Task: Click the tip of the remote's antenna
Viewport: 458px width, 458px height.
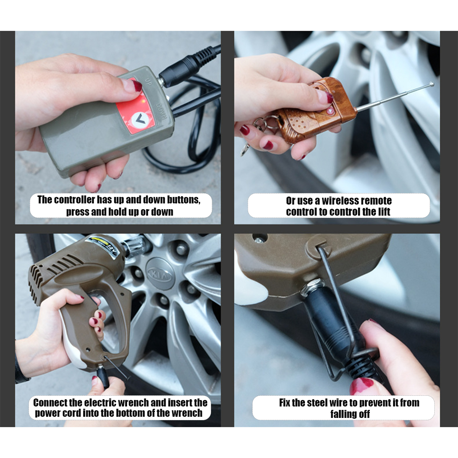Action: coord(432,84)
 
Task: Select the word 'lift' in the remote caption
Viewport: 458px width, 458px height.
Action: coord(384,211)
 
